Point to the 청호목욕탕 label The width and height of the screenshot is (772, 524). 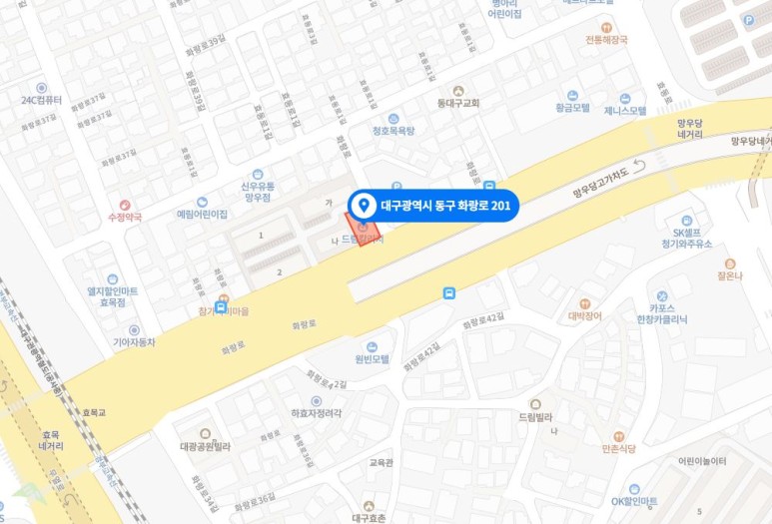point(393,130)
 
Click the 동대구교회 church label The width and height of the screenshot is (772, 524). point(458,103)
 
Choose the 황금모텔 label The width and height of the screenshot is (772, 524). point(572,107)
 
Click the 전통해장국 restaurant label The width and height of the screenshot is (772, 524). point(606,40)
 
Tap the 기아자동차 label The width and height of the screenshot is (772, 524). point(134,341)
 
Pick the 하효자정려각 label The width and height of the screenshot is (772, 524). point(316,412)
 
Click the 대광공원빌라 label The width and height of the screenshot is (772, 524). point(205,446)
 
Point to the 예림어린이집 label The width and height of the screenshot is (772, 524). point(203,214)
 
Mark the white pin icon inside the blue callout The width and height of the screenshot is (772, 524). point(364,206)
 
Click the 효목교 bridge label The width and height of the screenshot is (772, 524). point(95,411)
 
